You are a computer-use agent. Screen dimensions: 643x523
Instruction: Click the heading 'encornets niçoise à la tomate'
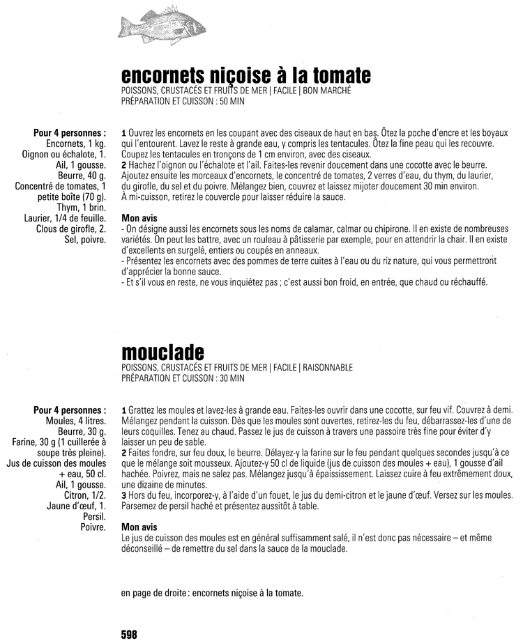(x=245, y=75)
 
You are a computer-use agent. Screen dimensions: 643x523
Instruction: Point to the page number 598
(x=128, y=634)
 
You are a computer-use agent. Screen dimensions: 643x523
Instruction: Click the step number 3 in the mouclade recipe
(x=123, y=495)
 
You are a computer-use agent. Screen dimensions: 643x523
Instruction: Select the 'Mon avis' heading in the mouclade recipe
(x=139, y=527)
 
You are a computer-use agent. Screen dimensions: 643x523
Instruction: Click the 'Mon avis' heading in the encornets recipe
(x=139, y=217)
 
